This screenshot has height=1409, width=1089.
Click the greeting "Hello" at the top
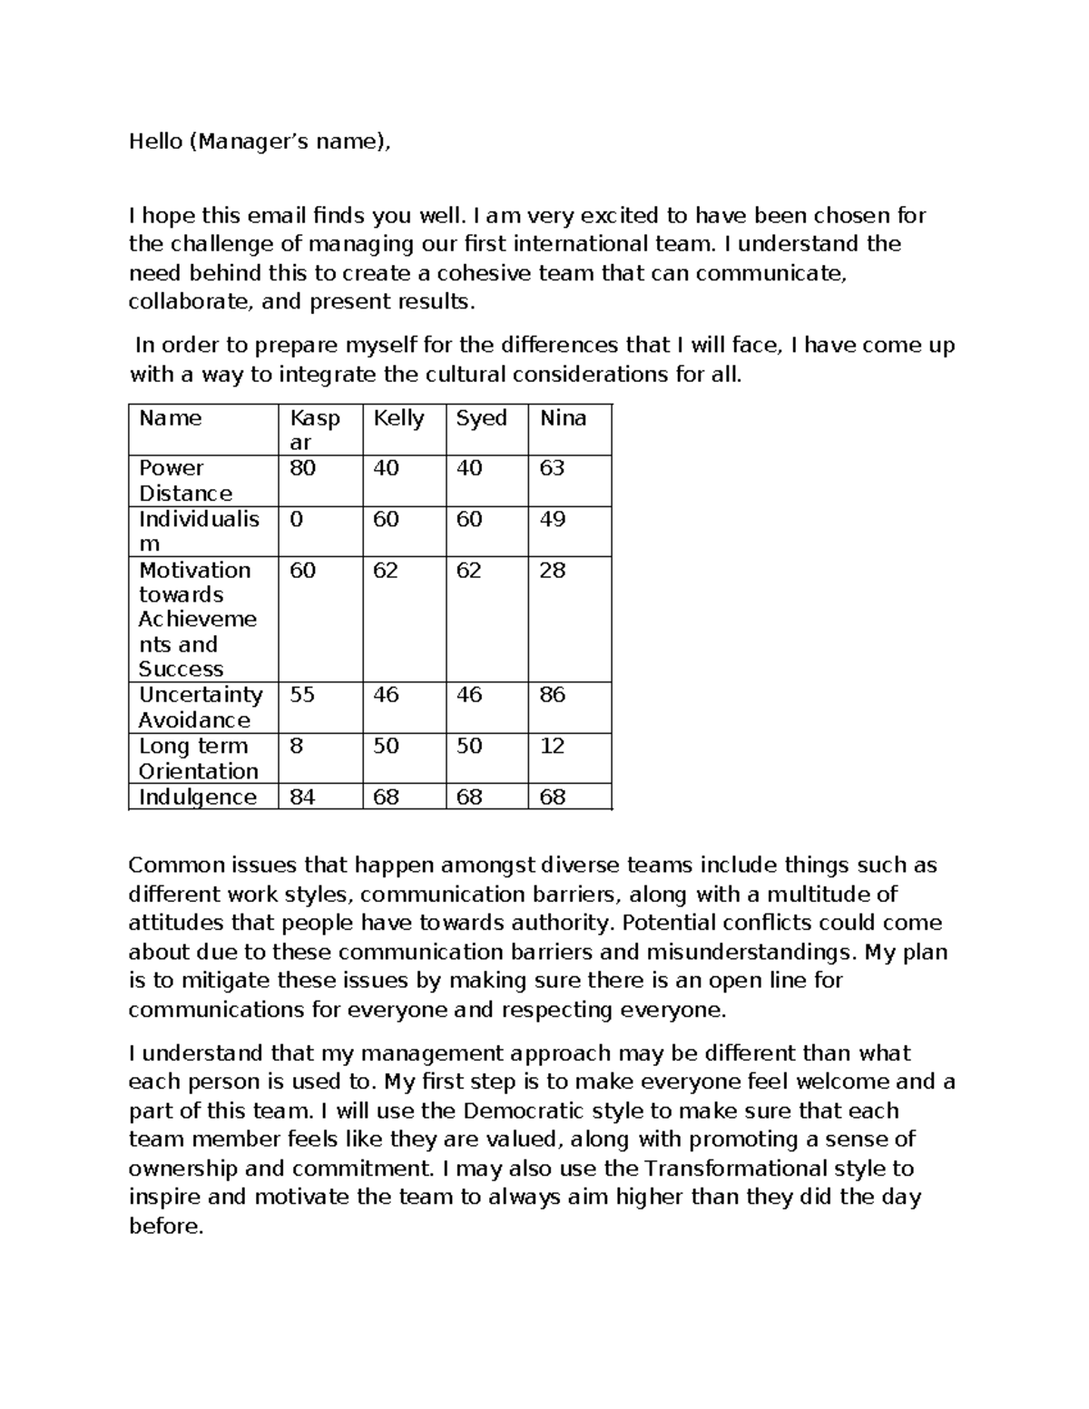154,142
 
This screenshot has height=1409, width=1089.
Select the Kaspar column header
314,429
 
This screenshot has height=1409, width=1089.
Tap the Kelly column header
398,418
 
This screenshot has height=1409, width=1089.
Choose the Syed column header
481,418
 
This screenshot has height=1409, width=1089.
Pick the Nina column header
563,418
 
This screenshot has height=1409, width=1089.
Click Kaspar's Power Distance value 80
302,468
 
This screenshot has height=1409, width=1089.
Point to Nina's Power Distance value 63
552,468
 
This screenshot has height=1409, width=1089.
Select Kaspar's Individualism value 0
296,519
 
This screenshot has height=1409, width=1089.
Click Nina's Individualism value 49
552,519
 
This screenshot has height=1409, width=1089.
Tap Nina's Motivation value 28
552,570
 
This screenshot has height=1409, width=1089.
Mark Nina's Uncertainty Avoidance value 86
552,695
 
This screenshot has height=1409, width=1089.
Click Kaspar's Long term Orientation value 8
296,746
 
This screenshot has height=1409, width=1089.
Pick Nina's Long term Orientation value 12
552,746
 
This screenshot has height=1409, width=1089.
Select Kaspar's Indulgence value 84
302,797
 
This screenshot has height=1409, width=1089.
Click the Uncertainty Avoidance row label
200,707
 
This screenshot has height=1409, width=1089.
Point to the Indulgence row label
197,797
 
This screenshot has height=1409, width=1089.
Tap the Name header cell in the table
170,418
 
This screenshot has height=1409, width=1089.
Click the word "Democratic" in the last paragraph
525,1111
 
